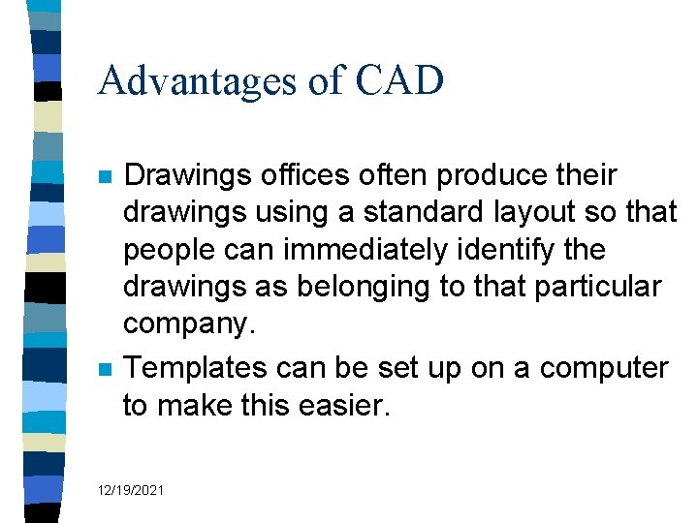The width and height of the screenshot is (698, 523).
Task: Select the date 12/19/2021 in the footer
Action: click(131, 491)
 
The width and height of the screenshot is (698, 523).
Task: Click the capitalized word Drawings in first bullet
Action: click(188, 175)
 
